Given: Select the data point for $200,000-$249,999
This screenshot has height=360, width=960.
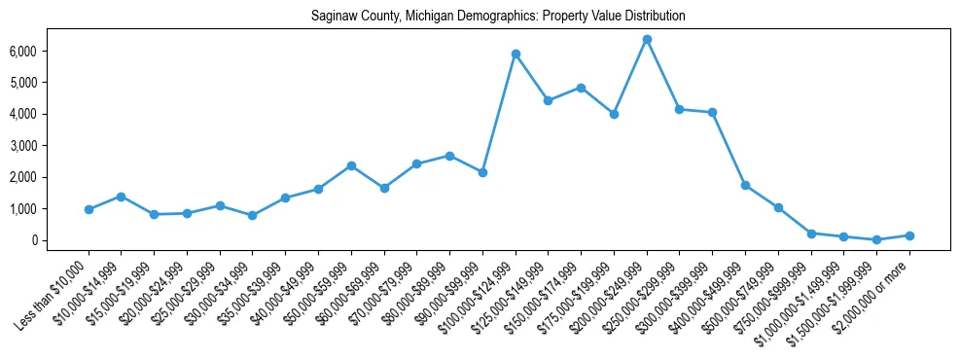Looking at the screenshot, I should pos(647,39).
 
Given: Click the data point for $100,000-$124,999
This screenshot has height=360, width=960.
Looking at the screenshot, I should pos(516,54).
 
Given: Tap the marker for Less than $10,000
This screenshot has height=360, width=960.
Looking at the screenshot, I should pos(89,209).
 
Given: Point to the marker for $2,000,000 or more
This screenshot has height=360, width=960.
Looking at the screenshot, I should pos(909,235).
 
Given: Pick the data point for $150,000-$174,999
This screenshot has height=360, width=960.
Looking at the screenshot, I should pos(581,88).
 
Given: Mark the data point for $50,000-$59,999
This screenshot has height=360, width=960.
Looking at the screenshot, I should pos(351,165).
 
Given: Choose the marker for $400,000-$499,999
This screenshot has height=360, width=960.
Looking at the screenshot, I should pos(745,185).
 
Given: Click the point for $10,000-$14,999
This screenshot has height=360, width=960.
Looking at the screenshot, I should pos(122,197).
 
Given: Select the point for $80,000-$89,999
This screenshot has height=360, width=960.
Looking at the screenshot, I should pos(449,156).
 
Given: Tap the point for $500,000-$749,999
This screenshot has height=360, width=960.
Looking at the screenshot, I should pos(778,207).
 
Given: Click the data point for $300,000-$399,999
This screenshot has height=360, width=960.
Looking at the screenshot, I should pos(713,112).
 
